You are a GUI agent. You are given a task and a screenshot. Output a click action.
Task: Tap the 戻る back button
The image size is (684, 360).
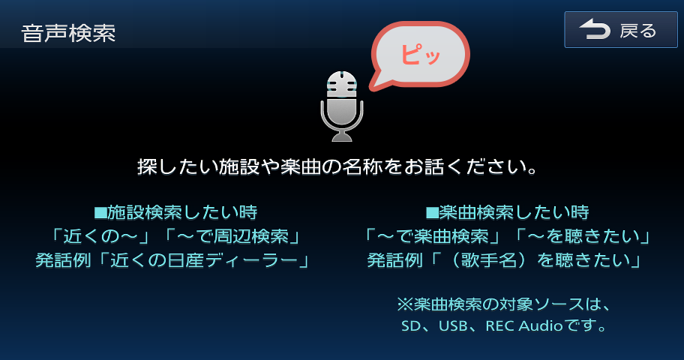coord(621,30)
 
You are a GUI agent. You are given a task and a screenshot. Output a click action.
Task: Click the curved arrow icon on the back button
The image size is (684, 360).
coord(594,30)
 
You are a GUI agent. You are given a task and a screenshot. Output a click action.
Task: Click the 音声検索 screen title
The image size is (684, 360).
coord(68,33)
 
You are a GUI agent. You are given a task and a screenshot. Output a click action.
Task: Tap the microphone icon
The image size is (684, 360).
coord(342,106)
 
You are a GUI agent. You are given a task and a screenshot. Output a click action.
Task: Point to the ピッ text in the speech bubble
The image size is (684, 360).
coord(420,54)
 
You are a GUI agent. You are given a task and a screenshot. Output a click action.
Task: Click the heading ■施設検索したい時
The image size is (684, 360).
coord(175,212)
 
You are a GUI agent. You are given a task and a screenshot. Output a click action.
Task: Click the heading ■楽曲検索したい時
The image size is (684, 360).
coord(507,212)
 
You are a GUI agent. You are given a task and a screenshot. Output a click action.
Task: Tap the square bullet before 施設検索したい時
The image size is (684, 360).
coord(100,213)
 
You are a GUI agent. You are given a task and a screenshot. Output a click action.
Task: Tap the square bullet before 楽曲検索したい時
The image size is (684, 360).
coord(432,213)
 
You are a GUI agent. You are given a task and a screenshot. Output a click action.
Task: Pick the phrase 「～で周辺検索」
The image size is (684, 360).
coord(232,236)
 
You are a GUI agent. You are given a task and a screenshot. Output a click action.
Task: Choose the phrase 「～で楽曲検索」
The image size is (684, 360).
coord(432,236)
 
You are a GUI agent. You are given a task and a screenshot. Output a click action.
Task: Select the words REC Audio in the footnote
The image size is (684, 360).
coord(524,326)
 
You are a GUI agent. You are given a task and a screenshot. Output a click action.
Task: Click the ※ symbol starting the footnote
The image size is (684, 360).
coord(404,304)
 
